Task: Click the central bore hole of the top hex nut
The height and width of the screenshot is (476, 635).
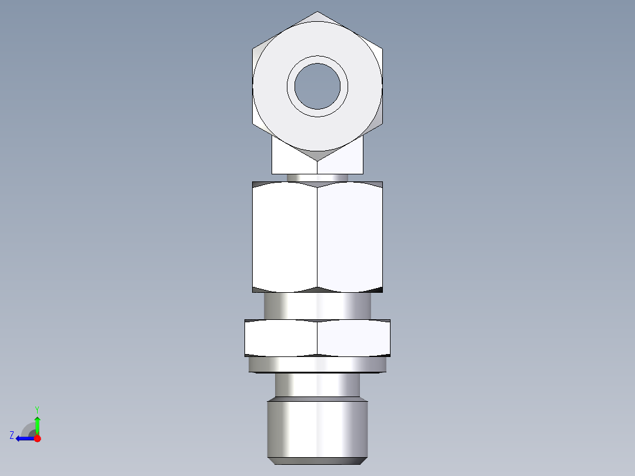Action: tap(317, 86)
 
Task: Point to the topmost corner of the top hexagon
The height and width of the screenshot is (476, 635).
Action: tap(317, 12)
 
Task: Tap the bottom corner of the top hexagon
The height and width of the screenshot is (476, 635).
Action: tap(317, 160)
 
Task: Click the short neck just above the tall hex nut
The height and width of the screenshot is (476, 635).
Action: tap(317, 177)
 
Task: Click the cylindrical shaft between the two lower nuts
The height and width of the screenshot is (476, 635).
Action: tap(317, 306)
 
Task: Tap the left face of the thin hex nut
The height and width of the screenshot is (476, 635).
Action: tap(281, 338)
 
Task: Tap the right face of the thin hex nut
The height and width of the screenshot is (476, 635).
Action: tap(354, 338)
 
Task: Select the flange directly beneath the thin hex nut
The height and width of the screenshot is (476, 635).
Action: tap(317, 365)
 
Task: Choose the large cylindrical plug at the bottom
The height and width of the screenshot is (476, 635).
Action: tap(317, 427)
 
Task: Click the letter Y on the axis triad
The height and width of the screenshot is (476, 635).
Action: tap(37, 409)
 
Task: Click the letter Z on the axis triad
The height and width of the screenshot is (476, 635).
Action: tap(12, 435)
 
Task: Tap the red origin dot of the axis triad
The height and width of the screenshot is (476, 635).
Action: tap(37, 438)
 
